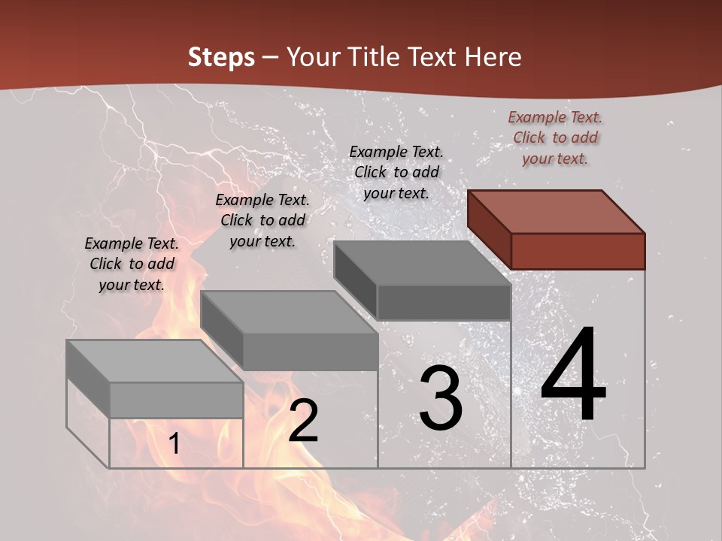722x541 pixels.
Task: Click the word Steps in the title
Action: [220, 57]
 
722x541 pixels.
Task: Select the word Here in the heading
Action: [493, 57]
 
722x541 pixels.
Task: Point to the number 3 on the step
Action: [441, 398]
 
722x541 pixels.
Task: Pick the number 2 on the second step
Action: [303, 422]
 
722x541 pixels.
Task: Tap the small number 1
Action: [174, 444]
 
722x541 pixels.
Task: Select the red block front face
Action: [578, 251]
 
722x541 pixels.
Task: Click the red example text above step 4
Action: [555, 138]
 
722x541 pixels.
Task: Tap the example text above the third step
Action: [396, 172]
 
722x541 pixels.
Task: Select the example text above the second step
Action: [262, 220]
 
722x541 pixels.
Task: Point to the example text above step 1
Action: [132, 264]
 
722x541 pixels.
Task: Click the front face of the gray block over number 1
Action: [176, 400]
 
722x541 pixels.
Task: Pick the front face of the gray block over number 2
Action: [310, 352]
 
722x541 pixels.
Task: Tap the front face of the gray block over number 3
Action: [444, 303]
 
